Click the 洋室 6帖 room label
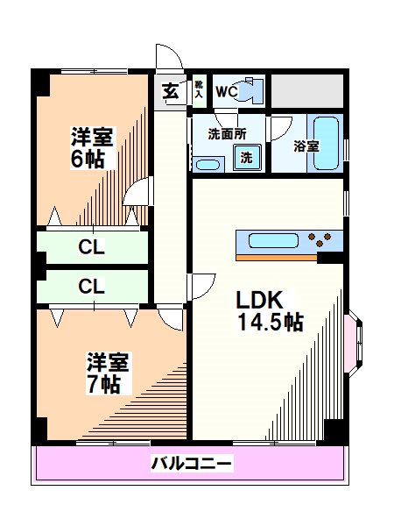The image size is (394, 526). pyautogui.click(x=90, y=146)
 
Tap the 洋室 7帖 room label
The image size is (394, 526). pyautogui.click(x=108, y=373)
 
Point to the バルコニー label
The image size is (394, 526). pyautogui.click(x=192, y=463)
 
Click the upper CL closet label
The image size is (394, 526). pyautogui.click(x=92, y=247)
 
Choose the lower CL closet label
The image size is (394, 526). pyautogui.click(x=92, y=286)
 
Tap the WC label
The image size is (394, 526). pyautogui.click(x=225, y=91)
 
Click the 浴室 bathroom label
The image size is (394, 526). pyautogui.click(x=306, y=146)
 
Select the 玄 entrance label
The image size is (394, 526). pyautogui.click(x=169, y=90)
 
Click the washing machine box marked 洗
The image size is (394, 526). pyautogui.click(x=246, y=159)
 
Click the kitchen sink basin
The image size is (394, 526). pyautogui.click(x=275, y=239)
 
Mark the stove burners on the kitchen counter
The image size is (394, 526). pyautogui.click(x=321, y=238)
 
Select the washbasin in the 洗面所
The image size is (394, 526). pyautogui.click(x=208, y=164)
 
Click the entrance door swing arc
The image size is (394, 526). pyautogui.click(x=169, y=59)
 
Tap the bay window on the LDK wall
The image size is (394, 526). pyautogui.click(x=354, y=340)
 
